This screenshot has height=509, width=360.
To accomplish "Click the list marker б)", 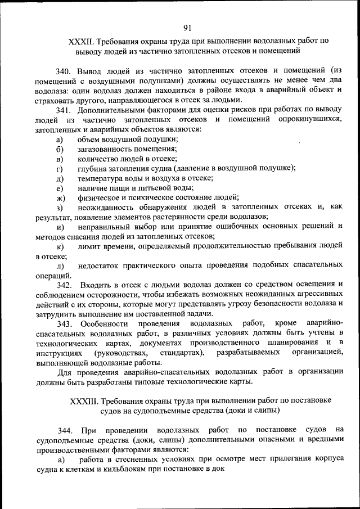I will click(x=59, y=149).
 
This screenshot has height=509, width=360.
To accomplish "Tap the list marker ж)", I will click(x=60, y=197).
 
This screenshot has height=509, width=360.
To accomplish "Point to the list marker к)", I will click(x=59, y=246).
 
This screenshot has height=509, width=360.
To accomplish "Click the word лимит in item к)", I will click(x=91, y=246).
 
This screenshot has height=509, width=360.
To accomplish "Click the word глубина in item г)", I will click(x=92, y=168).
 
